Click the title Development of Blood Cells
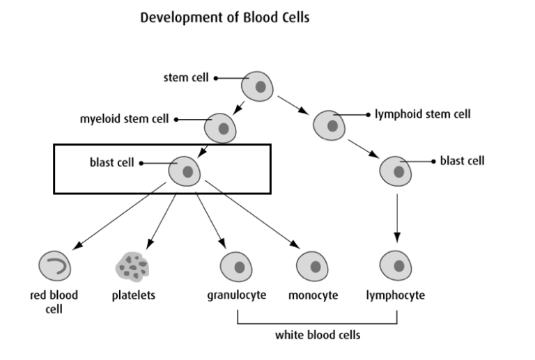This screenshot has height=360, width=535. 224,17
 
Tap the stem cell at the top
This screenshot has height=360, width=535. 258,86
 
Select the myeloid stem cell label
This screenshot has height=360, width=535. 125,119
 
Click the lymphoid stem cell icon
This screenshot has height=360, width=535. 328,125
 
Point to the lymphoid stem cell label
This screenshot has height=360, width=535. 423,114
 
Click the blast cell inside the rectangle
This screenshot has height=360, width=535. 186,171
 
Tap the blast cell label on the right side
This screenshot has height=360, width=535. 462,161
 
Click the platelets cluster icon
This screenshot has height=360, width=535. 133,266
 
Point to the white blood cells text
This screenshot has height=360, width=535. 318,335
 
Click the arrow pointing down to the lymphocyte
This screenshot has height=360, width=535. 396,218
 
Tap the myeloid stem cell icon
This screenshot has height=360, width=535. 220,127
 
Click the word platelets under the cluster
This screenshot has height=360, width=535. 134,295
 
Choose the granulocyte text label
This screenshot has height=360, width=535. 237,295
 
